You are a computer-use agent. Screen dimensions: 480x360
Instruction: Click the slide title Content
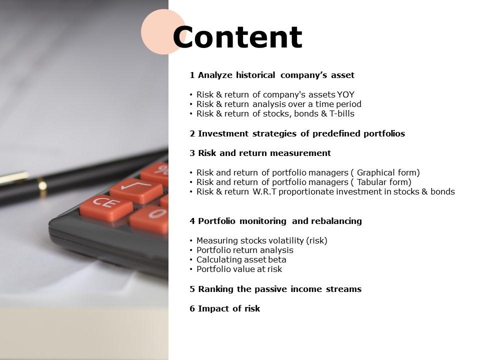pyautogui.click(x=237, y=37)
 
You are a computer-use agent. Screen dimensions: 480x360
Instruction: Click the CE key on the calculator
pyautogui.click(x=106, y=208)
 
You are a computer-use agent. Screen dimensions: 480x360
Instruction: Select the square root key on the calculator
pyautogui.click(x=136, y=190)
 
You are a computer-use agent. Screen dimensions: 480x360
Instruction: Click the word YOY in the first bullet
pyautogui.click(x=345, y=94)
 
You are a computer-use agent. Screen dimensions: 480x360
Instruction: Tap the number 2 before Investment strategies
pyautogui.click(x=192, y=134)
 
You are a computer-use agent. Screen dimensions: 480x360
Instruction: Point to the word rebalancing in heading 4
pyautogui.click(x=327, y=221)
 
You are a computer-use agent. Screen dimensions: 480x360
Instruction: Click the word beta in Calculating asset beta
pyautogui.click(x=277, y=259)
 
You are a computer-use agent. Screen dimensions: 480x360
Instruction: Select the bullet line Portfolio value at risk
pyautogui.click(x=239, y=269)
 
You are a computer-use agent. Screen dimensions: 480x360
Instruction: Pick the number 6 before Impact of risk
pyautogui.click(x=192, y=308)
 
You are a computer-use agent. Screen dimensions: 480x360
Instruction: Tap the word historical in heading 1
pyautogui.click(x=255, y=75)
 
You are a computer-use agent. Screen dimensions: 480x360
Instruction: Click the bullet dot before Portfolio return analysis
pyautogui.click(x=191, y=250)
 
